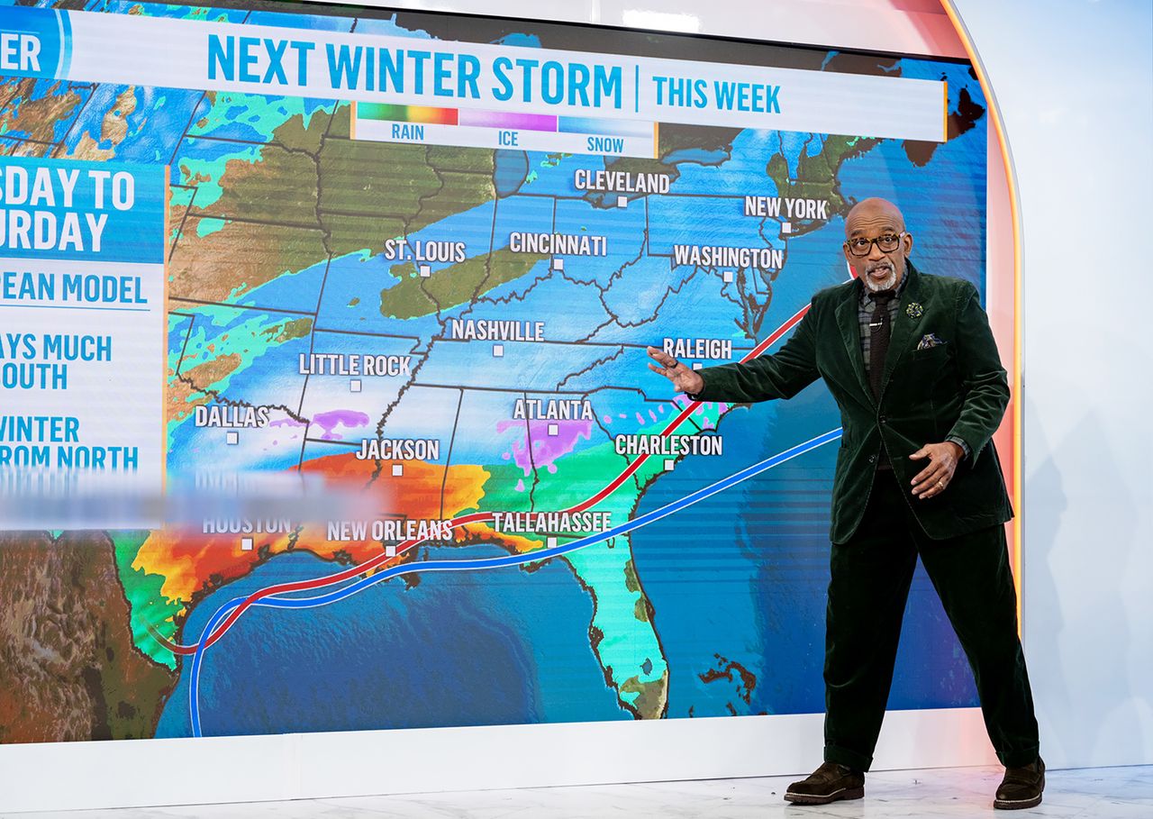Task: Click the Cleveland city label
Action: (x=622, y=182)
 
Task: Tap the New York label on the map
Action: (x=785, y=208)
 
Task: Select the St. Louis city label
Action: (x=425, y=250)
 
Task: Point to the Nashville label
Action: (x=497, y=331)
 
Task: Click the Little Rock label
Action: (x=355, y=365)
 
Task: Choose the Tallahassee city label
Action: (x=551, y=522)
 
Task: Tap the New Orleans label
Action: (x=389, y=531)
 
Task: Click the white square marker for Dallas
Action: (x=232, y=438)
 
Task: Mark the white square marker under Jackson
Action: (x=397, y=469)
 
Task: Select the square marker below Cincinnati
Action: (x=558, y=264)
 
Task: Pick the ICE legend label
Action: (x=508, y=139)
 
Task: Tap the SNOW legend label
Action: (x=604, y=143)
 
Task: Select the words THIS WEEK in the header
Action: (x=715, y=94)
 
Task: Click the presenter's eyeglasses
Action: (x=874, y=243)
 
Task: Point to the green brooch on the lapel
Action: (x=914, y=310)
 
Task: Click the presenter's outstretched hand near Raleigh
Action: (x=675, y=369)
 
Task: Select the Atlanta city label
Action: (x=553, y=410)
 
